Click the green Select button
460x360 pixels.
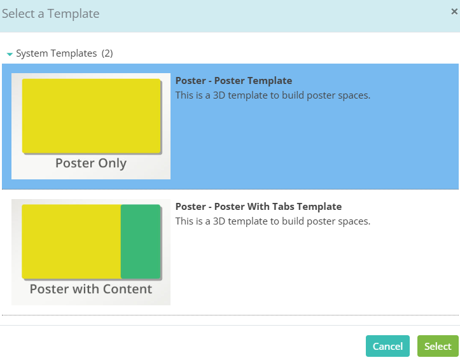tap(438, 346)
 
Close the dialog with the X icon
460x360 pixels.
tap(454, 11)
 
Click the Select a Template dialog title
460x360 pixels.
tap(51, 14)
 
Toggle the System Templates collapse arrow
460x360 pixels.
tap(10, 54)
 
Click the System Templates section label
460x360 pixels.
tap(57, 53)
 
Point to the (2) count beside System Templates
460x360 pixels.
tap(107, 53)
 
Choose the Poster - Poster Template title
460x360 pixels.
tap(233, 81)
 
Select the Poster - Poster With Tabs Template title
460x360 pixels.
tap(258, 206)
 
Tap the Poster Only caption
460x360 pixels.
tap(91, 163)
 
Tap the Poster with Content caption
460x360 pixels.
tap(91, 289)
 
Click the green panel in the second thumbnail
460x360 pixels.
tap(141, 241)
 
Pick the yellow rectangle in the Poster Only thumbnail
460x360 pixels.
tap(91, 116)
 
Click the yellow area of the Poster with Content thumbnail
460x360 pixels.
tap(71, 241)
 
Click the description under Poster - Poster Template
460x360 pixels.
tap(273, 95)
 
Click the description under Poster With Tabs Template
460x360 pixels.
tap(273, 221)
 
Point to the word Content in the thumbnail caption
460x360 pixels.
tap(128, 289)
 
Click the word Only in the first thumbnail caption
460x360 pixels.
tap(113, 163)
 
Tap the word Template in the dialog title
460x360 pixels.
tap(73, 14)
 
